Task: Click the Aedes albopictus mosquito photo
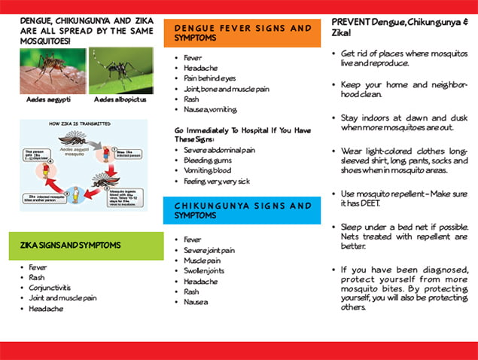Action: [x=120, y=70]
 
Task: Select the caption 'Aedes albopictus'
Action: [x=120, y=99]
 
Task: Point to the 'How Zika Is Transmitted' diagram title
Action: [x=80, y=123]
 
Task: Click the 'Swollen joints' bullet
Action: [x=204, y=270]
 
